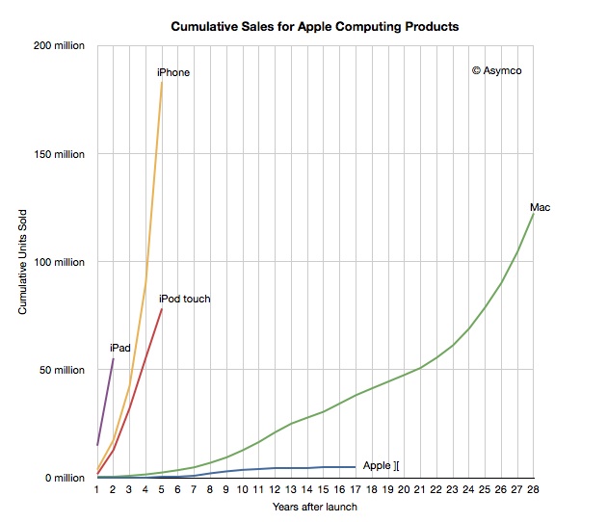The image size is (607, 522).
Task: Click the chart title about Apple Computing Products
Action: (314, 26)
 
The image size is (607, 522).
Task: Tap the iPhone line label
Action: (173, 73)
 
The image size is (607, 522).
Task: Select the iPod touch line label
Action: (184, 300)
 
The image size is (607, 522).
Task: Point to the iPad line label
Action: (119, 348)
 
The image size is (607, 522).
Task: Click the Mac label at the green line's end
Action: (540, 207)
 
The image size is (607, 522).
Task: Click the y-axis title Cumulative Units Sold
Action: (22, 262)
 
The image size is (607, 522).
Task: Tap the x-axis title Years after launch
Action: (315, 508)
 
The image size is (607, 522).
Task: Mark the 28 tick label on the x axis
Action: (533, 489)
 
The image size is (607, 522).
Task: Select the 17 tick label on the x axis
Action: (356, 489)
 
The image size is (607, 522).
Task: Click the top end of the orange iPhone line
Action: (162, 82)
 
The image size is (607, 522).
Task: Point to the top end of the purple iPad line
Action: (114, 358)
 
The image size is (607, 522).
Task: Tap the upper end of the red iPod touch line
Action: (162, 309)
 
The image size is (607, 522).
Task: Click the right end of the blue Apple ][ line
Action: (356, 467)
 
